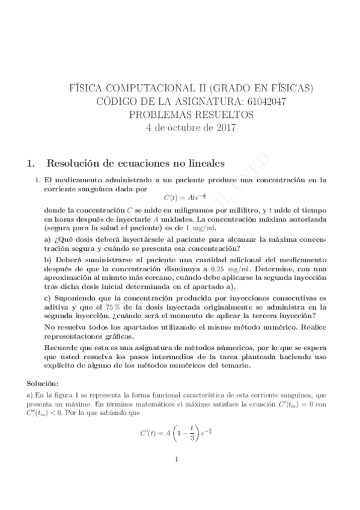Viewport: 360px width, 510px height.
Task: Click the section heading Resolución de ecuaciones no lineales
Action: click(x=136, y=163)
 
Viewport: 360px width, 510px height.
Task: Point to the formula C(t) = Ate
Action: click(x=185, y=196)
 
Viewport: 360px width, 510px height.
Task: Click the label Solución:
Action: click(x=43, y=382)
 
